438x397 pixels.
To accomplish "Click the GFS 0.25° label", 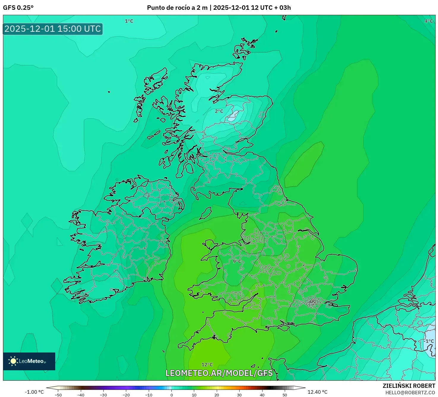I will [x=18, y=8].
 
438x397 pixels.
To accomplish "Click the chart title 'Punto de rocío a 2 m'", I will [x=177, y=8].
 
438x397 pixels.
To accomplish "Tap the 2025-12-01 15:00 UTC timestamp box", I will [x=53, y=29].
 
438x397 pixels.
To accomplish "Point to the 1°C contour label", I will [x=129, y=21].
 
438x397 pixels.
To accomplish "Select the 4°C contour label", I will [x=428, y=21].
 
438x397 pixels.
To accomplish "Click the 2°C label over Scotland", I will [x=219, y=111].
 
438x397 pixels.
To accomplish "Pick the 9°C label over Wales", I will [x=237, y=261].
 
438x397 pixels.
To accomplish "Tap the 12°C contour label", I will [x=207, y=365].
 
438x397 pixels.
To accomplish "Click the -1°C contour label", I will [x=429, y=341].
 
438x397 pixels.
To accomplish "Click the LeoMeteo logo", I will [x=29, y=361].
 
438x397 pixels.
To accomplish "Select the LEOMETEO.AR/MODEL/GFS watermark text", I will [x=219, y=373].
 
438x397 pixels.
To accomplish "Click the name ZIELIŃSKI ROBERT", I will [x=409, y=386].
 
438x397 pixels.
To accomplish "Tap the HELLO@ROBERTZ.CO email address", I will [x=410, y=393].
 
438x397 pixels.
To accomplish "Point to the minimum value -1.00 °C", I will [x=34, y=392].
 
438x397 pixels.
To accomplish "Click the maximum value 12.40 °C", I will [x=317, y=392].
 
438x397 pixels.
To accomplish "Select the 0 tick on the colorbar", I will [x=172, y=395].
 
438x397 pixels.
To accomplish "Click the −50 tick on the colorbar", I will [x=58, y=395].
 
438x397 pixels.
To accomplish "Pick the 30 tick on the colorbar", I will [x=239, y=395].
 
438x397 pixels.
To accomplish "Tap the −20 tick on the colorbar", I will [x=126, y=395].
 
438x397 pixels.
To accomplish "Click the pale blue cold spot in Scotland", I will [x=234, y=116].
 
